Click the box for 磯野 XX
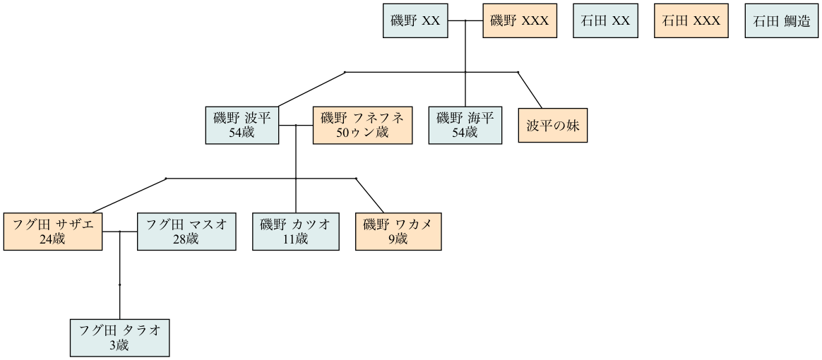click(415, 21)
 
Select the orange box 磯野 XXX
click(519, 21)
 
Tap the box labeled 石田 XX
click(605, 21)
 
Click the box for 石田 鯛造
click(780, 21)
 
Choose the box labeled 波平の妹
click(552, 126)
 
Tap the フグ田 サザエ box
click(53, 231)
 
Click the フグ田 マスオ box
click(186, 231)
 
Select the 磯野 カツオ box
click(295, 231)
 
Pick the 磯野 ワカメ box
click(398, 231)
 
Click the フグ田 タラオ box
click(120, 337)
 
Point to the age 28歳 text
click(186, 239)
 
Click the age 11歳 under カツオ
click(295, 239)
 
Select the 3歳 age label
click(120, 345)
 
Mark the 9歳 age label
click(398, 239)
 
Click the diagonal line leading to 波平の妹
click(531, 90)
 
